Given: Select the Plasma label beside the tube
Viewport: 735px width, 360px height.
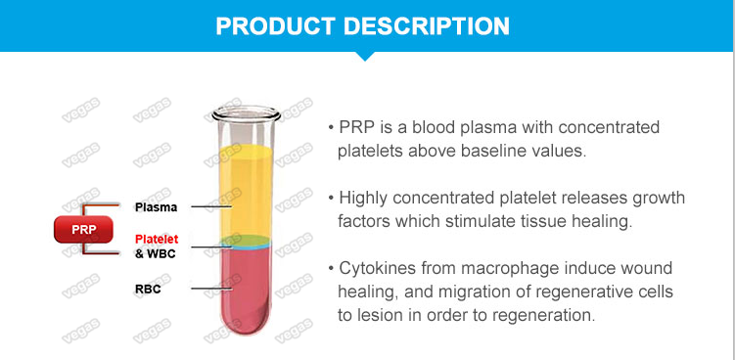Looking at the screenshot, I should [x=156, y=206].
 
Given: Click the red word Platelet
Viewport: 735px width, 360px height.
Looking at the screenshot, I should [x=157, y=238].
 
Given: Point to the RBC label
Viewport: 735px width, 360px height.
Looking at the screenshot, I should [x=148, y=289].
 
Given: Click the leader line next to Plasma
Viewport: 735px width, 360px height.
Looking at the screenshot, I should [x=209, y=206].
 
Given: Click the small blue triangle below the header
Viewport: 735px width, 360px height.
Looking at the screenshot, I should [x=366, y=55].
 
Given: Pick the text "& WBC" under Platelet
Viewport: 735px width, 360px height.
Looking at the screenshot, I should [x=155, y=254].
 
